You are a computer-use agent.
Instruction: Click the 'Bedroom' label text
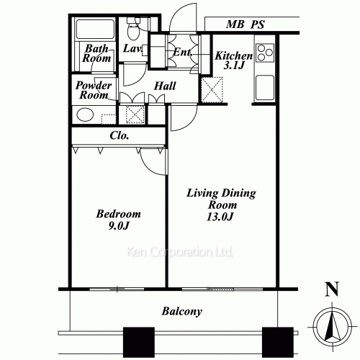(119, 215)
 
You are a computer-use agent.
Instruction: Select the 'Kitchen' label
(233, 55)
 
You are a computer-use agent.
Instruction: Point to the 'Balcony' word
(181, 312)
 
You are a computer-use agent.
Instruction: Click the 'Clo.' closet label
(120, 135)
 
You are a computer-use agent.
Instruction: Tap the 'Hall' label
(167, 85)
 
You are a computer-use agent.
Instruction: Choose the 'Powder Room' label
(94, 90)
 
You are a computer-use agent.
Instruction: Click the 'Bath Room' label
(96, 55)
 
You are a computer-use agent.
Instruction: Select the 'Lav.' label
(132, 49)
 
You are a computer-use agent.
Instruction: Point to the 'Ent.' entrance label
(181, 53)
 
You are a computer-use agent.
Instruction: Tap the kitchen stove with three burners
(264, 55)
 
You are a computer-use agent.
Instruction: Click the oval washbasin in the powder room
(86, 115)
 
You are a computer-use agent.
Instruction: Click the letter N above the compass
(331, 291)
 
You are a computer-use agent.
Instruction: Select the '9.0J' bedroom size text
(119, 227)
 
